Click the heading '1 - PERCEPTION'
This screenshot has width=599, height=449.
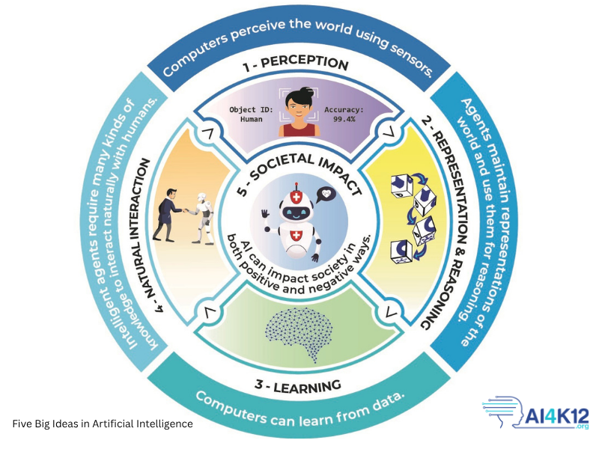click(295, 64)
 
